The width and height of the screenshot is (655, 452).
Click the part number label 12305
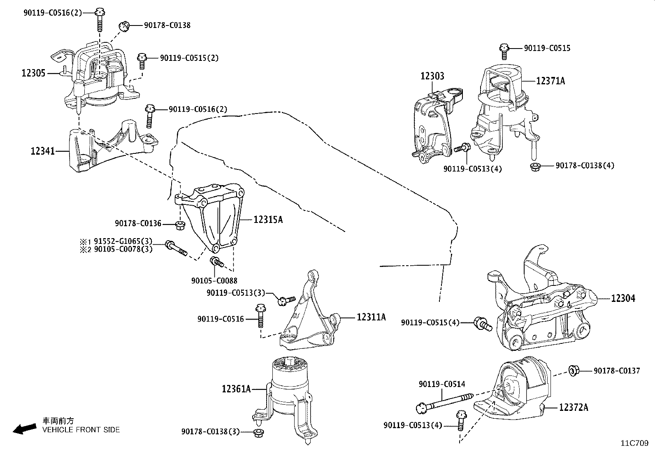(33, 73)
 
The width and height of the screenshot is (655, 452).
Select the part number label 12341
(43, 151)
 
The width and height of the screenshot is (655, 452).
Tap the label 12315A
(268, 220)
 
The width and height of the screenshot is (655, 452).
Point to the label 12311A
(371, 317)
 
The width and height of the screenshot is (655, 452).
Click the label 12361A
(236, 389)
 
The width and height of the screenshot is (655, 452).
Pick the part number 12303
(432, 76)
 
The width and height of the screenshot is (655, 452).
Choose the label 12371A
(550, 81)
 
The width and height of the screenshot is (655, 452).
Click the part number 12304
(623, 298)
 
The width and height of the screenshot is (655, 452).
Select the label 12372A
(574, 407)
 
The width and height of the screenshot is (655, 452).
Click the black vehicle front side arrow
(25, 429)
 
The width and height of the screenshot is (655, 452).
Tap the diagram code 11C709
(634, 443)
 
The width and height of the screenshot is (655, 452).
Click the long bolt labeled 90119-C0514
(444, 403)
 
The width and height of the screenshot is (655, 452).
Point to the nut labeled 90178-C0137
(574, 371)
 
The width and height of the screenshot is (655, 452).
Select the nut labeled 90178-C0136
(180, 225)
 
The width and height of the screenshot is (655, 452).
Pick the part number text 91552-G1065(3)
(123, 241)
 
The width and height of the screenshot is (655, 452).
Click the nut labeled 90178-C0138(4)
(535, 167)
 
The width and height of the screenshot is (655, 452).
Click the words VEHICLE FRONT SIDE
(81, 429)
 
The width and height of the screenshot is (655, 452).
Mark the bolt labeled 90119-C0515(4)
(482, 324)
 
